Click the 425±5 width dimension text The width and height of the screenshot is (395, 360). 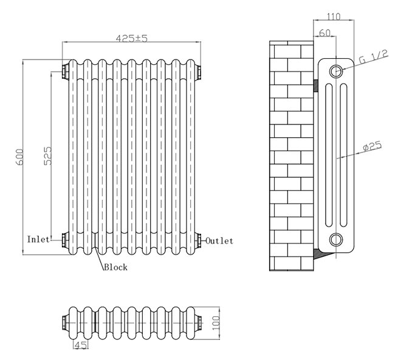[132, 38]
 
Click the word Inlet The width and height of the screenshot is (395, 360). [38, 240]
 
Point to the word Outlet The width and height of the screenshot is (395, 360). [219, 241]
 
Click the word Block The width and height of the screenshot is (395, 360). [115, 267]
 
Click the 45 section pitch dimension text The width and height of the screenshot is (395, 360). [79, 345]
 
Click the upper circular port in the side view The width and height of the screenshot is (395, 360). [336, 72]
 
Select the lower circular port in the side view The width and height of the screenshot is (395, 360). [336, 238]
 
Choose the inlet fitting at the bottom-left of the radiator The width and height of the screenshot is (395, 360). [65, 239]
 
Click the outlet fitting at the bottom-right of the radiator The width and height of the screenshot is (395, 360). [198, 239]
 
